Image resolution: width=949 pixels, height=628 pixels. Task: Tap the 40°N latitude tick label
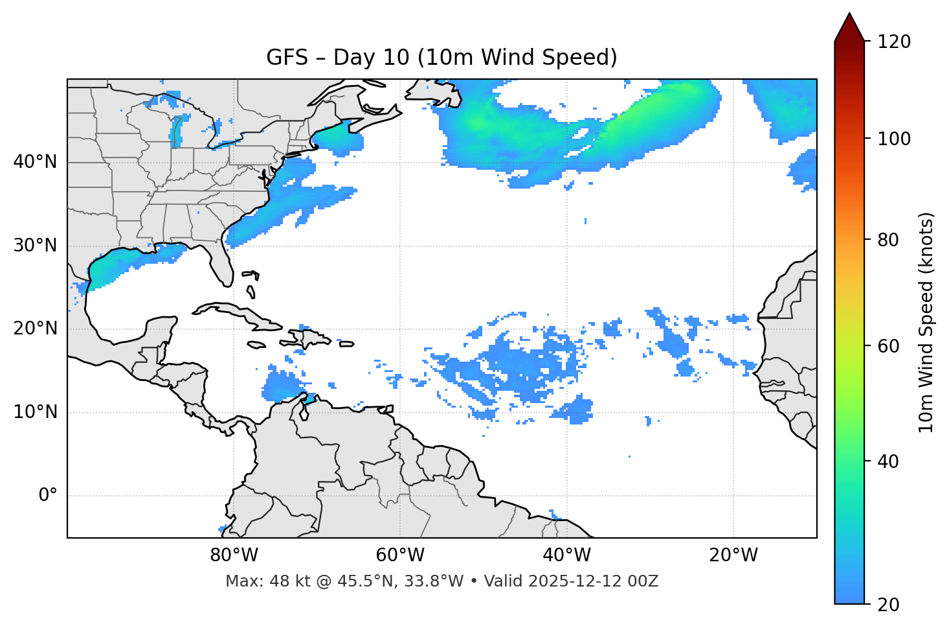[35, 162]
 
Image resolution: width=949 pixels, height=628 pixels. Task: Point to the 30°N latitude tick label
[35, 246]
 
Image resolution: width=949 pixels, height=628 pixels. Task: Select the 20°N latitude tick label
[35, 329]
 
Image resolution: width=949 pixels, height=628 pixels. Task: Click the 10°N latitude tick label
[35, 412]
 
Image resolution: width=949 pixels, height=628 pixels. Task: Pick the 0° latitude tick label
[48, 496]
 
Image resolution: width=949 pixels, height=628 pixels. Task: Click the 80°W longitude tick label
[234, 555]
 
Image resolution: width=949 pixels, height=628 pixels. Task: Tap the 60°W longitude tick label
[400, 555]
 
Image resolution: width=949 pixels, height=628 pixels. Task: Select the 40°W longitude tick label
[566, 555]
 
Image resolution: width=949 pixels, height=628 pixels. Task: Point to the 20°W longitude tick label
[733, 555]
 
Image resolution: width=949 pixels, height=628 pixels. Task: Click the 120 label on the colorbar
[893, 42]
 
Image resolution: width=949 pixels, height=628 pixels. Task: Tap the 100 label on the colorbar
[893, 139]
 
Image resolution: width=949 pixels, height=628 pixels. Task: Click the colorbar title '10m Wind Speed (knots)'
[926, 322]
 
